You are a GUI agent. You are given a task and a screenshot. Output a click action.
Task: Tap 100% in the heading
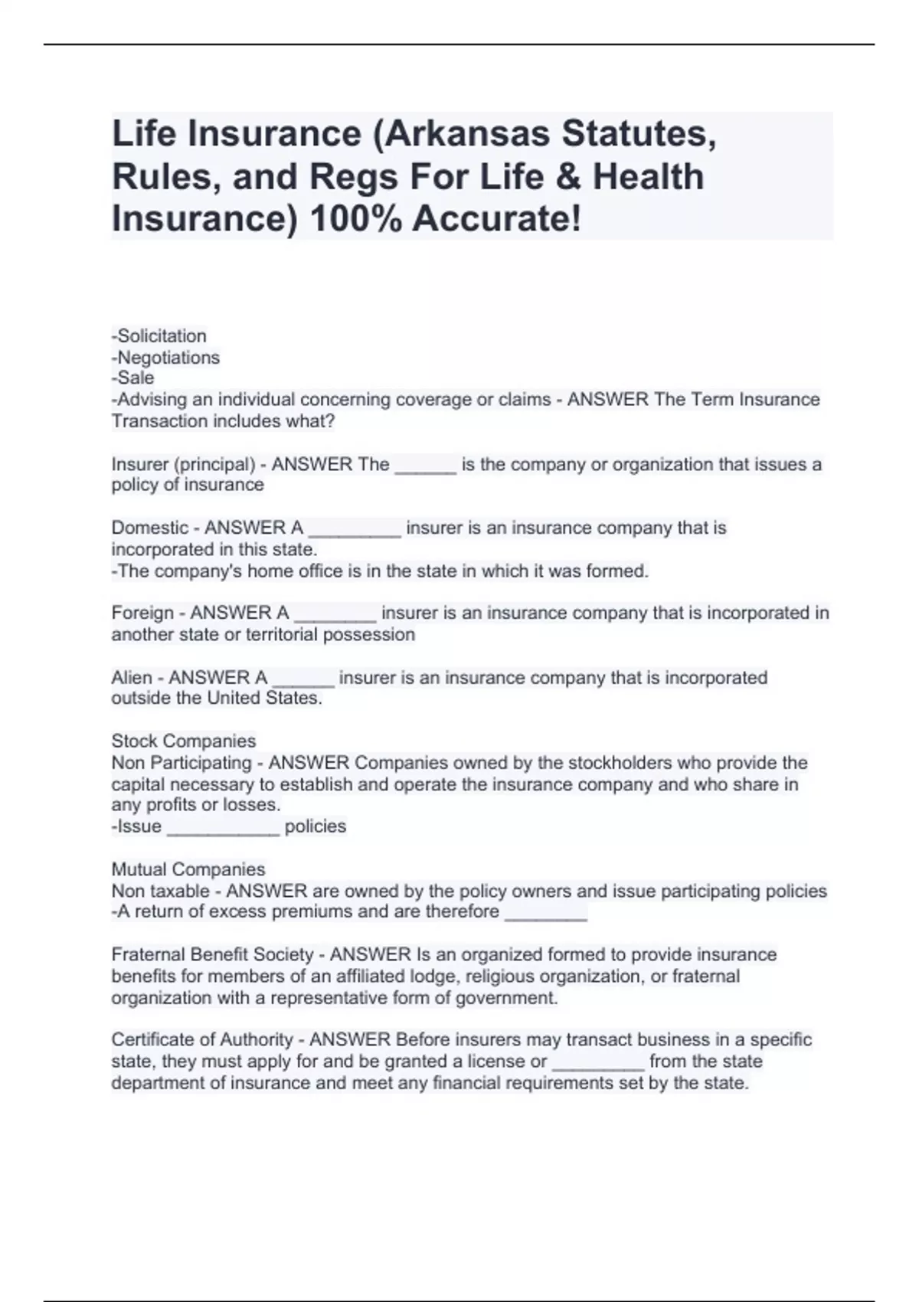coord(355,219)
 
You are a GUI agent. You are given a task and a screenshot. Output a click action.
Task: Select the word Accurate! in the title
coord(497,219)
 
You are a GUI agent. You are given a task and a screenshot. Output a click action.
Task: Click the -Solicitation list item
coord(159,336)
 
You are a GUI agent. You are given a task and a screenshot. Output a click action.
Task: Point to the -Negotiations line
coord(166,358)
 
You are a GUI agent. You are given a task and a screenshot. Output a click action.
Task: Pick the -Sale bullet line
coord(133,378)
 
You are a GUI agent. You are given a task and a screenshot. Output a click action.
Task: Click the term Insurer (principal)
coord(183,465)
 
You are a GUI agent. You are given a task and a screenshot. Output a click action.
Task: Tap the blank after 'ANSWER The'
coord(425,466)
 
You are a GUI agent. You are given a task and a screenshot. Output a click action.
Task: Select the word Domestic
coord(149,528)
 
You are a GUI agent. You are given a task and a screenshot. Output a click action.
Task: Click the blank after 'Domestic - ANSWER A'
coord(354,530)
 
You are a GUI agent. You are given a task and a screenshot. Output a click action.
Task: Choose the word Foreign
coord(142,613)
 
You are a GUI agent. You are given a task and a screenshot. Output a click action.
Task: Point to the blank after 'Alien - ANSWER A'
coord(303,679)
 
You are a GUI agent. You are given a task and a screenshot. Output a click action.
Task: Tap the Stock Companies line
coord(184,741)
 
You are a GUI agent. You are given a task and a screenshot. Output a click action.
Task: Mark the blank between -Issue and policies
coord(223,828)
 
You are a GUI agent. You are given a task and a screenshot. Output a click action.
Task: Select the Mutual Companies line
coord(188,870)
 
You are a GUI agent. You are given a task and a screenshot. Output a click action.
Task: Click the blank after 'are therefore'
coord(546,914)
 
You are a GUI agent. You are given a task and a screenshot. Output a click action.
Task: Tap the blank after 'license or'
coord(597,1063)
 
